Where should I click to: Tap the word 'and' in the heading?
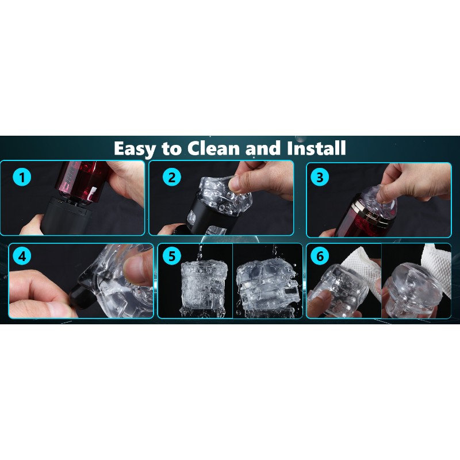[x=263, y=148]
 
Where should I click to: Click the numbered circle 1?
[x=22, y=177]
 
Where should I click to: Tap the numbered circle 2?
[x=171, y=177]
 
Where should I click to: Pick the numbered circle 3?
[x=320, y=177]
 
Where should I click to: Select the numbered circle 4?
[x=22, y=256]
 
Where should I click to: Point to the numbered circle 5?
[x=171, y=256]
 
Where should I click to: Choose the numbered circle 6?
[x=320, y=256]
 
